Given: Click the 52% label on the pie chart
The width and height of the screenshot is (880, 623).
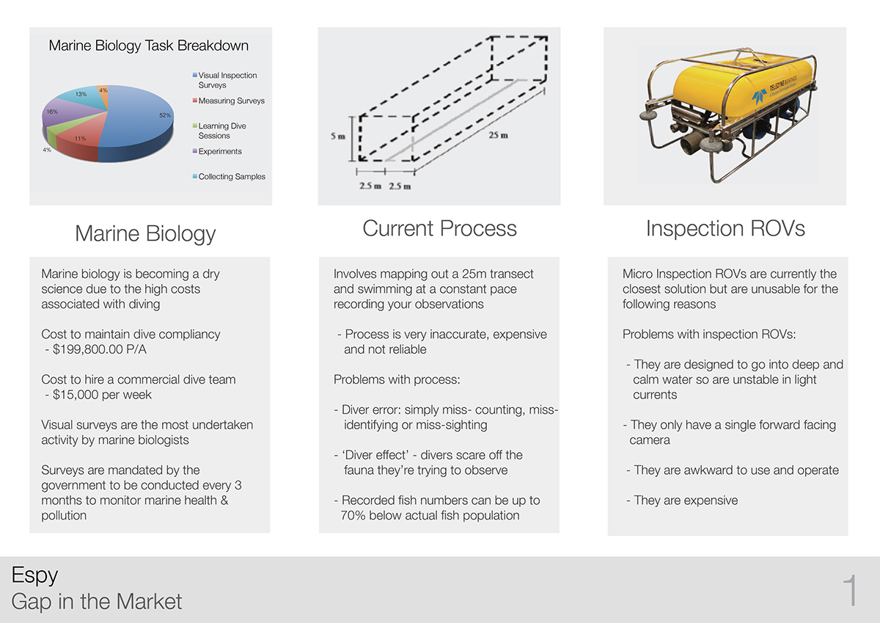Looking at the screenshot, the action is pos(165,115).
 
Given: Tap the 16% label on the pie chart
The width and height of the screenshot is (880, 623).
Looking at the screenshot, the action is pos(52,112).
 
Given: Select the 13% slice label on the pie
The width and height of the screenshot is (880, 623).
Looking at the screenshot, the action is pos(81,94).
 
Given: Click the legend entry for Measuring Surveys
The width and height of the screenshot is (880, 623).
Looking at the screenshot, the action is pos(229,101).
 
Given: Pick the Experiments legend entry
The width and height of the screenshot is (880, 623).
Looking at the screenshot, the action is pos(217,151).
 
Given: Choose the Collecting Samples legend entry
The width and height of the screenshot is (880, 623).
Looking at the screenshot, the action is pos(229,177).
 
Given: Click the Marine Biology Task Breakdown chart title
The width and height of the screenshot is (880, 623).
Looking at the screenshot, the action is pos(148,45).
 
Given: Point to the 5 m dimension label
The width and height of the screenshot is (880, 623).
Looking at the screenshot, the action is pos(338,136).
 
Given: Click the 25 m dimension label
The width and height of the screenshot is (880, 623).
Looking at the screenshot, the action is pos(498,135).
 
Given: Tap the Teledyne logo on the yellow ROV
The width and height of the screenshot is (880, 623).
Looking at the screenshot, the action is pos(759,97).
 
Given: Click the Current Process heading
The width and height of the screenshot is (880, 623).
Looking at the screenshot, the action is pos(439,228).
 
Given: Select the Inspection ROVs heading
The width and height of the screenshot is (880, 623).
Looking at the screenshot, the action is pos(725,228).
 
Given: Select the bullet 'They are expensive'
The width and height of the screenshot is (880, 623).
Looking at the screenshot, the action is pos(682,500).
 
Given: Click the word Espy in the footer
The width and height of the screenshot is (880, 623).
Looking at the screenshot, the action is pos(34,576).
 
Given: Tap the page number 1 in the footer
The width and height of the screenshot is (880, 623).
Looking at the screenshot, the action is pos(851,590).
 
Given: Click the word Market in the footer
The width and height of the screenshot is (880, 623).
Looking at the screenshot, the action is pos(149,602).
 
